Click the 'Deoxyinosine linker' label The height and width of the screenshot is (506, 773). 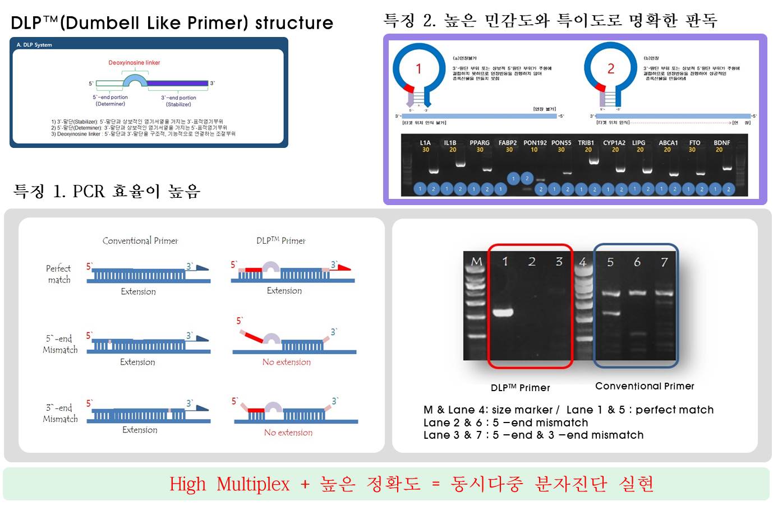134,63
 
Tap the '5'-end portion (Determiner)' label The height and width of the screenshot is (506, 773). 111,100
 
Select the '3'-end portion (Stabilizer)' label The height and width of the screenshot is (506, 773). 178,101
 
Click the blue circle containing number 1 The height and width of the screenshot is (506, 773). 418,69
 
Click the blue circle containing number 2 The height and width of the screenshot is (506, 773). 611,69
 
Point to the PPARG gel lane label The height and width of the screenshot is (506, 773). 480,143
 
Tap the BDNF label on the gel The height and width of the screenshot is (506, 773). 721,143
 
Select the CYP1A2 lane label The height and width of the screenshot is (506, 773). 614,143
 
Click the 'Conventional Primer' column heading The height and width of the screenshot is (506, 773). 140,241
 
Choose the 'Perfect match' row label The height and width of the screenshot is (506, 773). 59,274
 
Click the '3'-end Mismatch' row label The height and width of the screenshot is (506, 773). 60,414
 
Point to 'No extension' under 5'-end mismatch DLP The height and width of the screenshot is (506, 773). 286,363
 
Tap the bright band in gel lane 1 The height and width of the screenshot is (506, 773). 503,313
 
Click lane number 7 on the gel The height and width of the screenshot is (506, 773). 664,262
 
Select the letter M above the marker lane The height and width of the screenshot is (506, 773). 476,262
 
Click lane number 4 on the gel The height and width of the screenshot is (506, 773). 583,262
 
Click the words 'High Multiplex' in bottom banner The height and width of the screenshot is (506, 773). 229,484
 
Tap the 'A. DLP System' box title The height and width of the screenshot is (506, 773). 34,45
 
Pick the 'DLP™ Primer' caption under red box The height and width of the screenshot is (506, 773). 520,388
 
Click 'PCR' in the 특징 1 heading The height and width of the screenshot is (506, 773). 89,192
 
